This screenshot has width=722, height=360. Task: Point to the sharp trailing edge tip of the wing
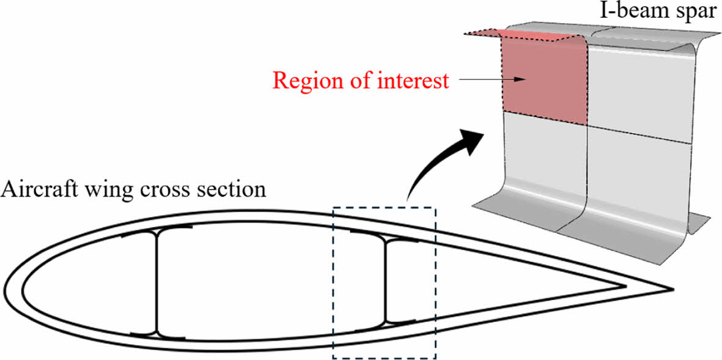[x=671, y=288]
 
